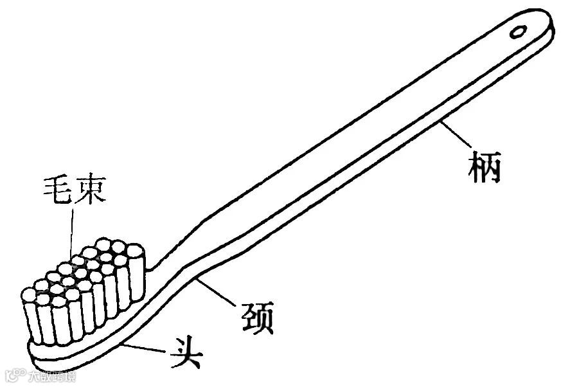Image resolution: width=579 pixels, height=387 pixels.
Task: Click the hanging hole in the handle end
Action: click(519, 30)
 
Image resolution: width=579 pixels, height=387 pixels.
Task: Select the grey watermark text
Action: click(48, 375)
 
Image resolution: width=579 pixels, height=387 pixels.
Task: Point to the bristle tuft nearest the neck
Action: click(134, 270)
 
